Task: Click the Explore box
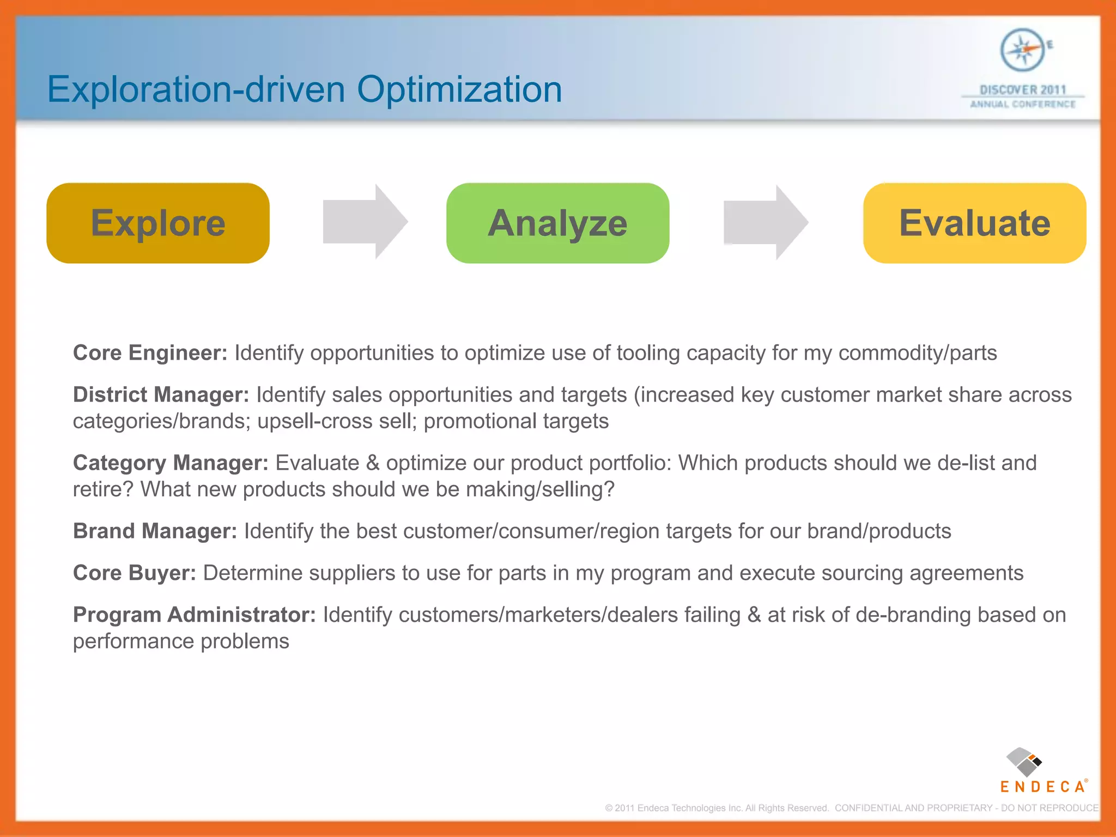tap(158, 223)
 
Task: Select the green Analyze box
tap(557, 223)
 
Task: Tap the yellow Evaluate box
tap(974, 223)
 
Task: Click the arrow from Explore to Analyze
tap(364, 222)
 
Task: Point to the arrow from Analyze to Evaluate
tap(765, 222)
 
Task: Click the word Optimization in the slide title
tap(459, 89)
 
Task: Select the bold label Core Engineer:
tap(150, 353)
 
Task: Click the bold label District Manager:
tap(161, 395)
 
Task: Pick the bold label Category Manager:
tap(171, 463)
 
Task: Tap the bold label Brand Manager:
tap(155, 531)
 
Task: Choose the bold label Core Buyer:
tap(134, 573)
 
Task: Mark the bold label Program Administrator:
tap(194, 615)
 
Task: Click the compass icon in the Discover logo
tap(1022, 50)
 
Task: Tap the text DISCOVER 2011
tap(1022, 89)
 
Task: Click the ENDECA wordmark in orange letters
tap(1042, 786)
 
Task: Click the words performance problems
tap(181, 641)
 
